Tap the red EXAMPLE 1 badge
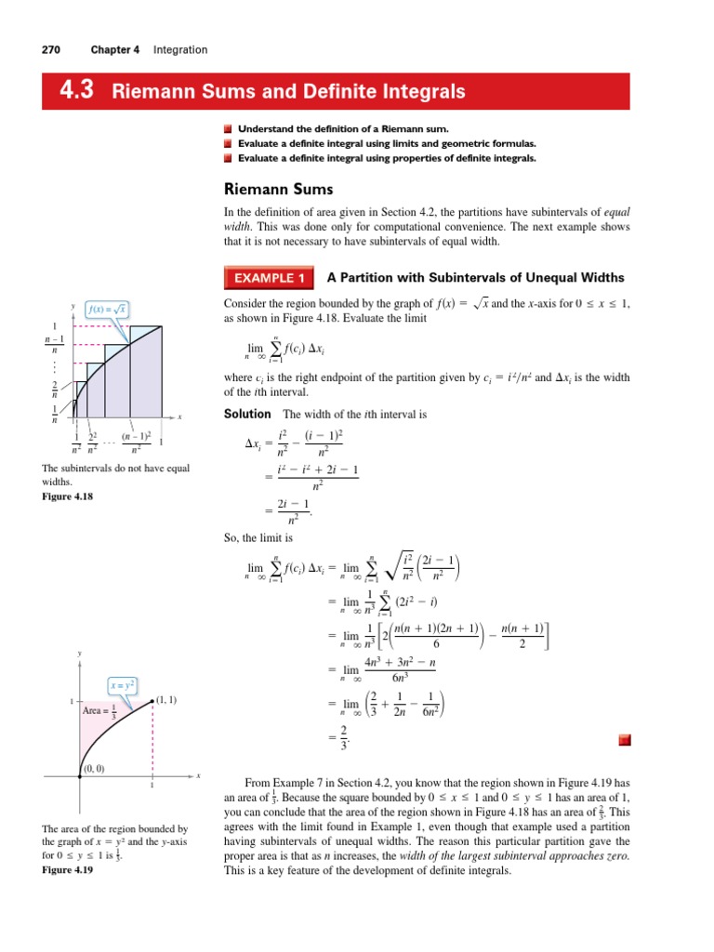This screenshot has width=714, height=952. pyautogui.click(x=269, y=278)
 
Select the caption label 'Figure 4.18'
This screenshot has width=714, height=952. pyautogui.click(x=69, y=496)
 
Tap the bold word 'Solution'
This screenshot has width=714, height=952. pyautogui.click(x=247, y=413)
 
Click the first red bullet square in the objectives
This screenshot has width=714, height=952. pyautogui.click(x=230, y=127)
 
